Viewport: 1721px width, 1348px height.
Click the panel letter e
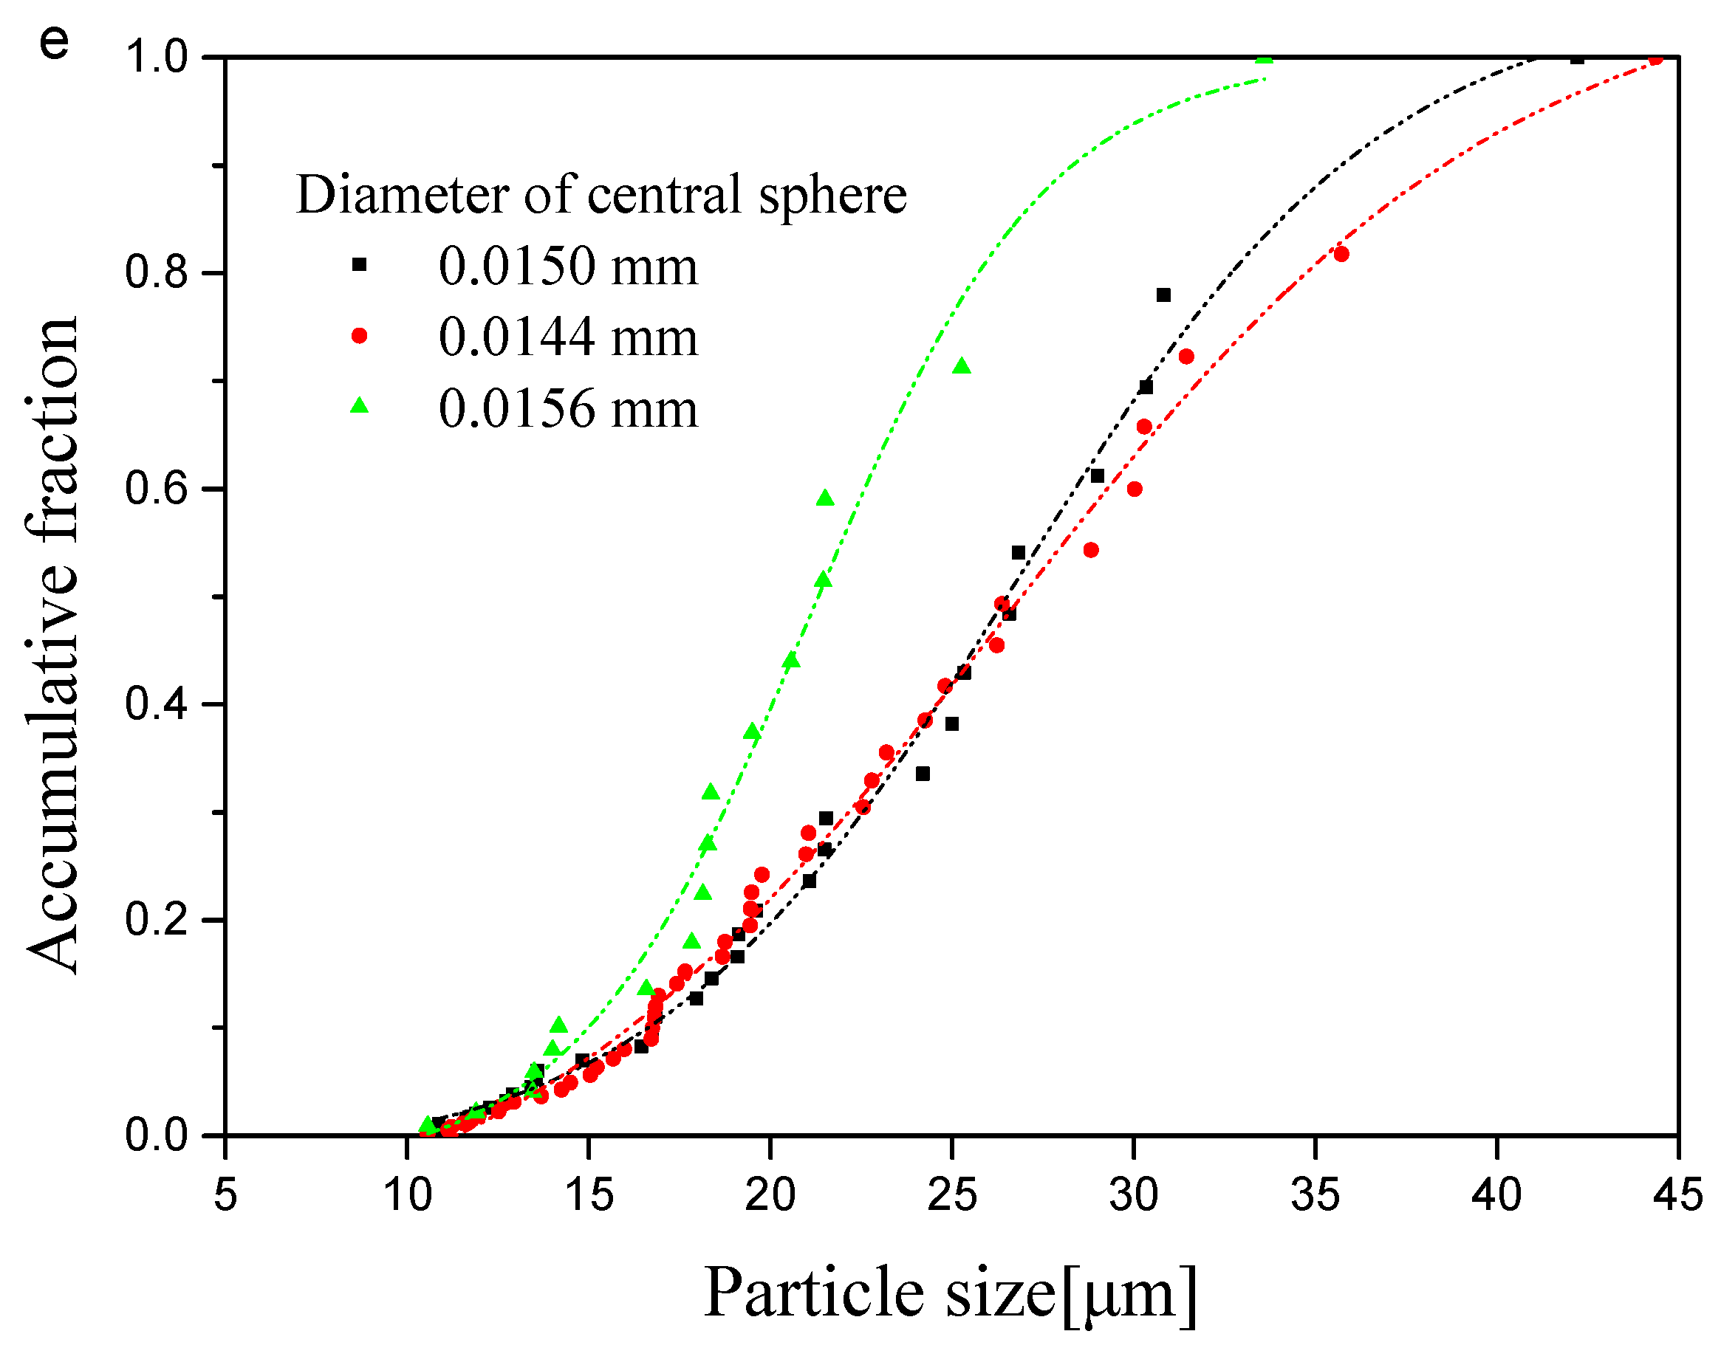tap(54, 43)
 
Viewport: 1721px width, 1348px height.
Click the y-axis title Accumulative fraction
tap(52, 646)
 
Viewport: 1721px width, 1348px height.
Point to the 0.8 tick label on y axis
tap(157, 272)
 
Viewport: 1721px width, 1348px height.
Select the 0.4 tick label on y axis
tap(157, 704)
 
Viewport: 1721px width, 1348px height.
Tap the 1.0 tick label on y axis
tap(157, 57)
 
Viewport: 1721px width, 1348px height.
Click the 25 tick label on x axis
tap(951, 1194)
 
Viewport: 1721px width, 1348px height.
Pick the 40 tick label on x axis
tap(1496, 1194)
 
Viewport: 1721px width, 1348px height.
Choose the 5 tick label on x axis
tap(225, 1194)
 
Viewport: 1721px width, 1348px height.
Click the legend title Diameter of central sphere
tap(601, 194)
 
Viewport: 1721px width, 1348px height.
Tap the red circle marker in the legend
tap(359, 336)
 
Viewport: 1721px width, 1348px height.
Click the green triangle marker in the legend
tap(359, 407)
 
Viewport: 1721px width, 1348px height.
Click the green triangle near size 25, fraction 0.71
tap(961, 366)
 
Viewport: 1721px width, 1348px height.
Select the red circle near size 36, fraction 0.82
tap(1341, 254)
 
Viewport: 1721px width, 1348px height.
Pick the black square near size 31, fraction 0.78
tap(1163, 295)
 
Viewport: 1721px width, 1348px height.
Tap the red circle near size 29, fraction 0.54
tap(1090, 550)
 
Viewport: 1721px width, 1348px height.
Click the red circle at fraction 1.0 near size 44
tap(1655, 58)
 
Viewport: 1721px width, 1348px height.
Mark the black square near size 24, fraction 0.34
tap(922, 774)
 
